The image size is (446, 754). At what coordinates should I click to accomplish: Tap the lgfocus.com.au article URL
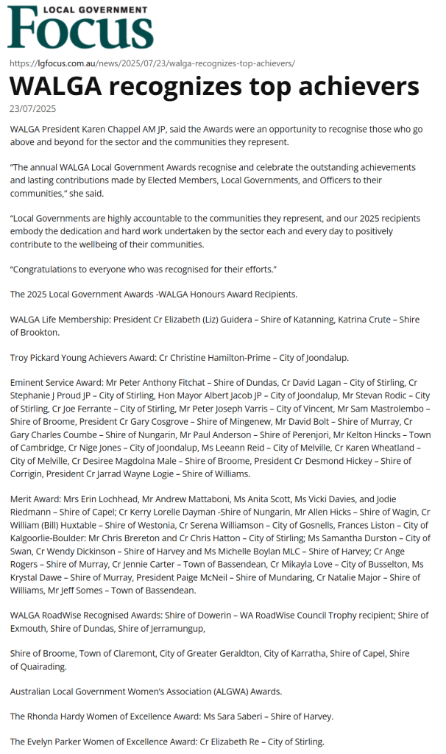[152, 63]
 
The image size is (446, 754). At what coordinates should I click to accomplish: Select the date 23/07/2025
[32, 109]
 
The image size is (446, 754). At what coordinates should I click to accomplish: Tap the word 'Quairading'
[45, 666]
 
